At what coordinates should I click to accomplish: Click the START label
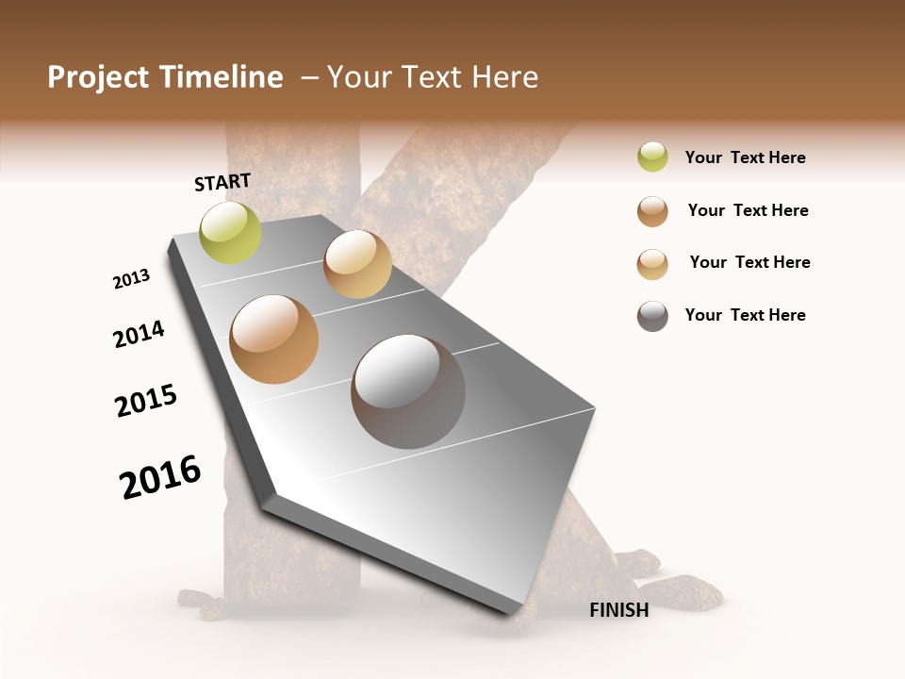click(x=222, y=182)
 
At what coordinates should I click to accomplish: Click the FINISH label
click(x=618, y=610)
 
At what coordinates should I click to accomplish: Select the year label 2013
click(x=132, y=279)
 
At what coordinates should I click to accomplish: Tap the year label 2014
click(x=140, y=334)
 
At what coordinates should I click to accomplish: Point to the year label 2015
click(x=146, y=401)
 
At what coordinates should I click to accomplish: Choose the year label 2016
click(x=161, y=477)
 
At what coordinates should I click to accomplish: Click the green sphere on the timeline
click(x=231, y=232)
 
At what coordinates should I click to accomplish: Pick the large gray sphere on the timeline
click(x=408, y=391)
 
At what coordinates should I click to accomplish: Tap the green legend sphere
click(x=652, y=157)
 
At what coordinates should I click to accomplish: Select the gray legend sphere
click(x=652, y=316)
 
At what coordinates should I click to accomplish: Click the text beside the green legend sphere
click(x=745, y=157)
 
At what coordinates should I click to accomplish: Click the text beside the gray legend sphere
click(x=745, y=315)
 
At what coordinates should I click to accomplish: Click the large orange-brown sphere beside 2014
click(x=274, y=339)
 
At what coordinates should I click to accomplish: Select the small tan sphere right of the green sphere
click(x=357, y=264)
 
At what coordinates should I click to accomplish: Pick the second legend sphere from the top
click(x=652, y=211)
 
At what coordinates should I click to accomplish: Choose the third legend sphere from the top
click(x=652, y=264)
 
